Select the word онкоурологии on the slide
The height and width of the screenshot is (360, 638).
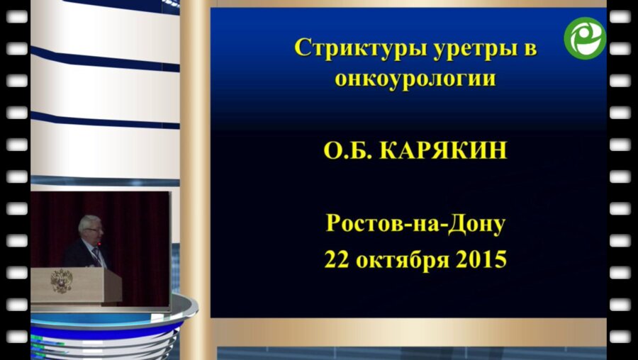click(x=415, y=78)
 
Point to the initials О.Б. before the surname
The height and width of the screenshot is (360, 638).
click(x=347, y=151)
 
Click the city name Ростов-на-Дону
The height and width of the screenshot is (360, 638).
click(x=415, y=225)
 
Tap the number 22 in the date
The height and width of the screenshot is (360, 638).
click(x=338, y=259)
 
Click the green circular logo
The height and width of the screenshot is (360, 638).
click(x=585, y=38)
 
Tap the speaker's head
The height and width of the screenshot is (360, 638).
click(x=91, y=228)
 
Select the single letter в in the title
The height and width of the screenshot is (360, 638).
click(x=529, y=49)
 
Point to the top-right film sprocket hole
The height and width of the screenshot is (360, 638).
click(x=620, y=16)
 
